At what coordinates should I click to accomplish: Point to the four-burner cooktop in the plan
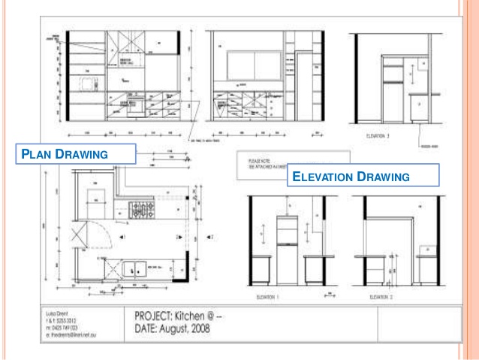click(143, 210)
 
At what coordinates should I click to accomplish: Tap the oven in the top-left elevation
click(136, 104)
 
